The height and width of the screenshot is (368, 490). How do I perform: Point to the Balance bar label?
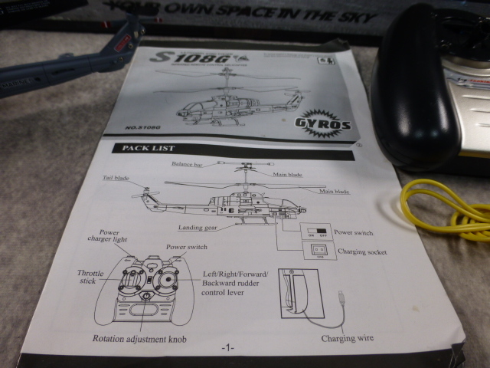tap(193, 164)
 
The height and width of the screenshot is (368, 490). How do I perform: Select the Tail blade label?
tap(116, 179)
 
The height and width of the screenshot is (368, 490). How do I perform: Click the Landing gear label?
tap(198, 228)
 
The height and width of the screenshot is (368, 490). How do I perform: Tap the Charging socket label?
tap(361, 251)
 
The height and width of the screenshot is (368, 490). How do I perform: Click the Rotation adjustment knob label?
tap(139, 338)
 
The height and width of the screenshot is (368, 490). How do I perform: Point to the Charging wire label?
tap(348, 338)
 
